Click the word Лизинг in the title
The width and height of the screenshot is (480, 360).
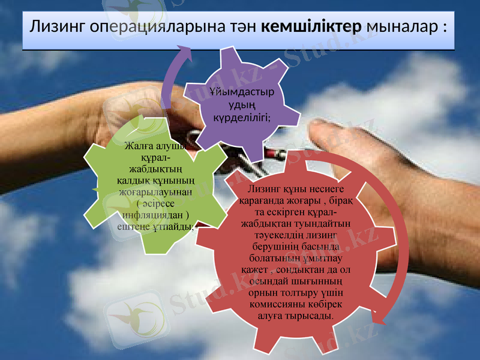pyautogui.click(x=56, y=27)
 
